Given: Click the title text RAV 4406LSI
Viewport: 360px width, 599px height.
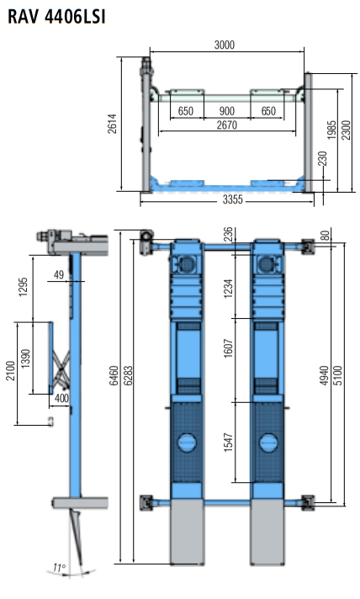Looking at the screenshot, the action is (56, 17).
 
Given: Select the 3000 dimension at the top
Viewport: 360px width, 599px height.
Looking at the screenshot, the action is (224, 45).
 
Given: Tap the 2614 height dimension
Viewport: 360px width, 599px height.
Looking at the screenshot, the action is (112, 124).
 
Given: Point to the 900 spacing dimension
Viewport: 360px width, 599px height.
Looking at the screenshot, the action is (227, 111).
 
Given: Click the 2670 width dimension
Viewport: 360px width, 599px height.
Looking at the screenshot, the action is (227, 125).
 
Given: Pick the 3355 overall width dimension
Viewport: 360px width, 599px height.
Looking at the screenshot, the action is (232, 199).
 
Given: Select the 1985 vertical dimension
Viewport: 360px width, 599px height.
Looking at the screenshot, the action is (331, 130).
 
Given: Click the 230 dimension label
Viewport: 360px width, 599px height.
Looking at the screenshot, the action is (323, 158).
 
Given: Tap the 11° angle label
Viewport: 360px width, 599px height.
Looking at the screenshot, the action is (59, 568).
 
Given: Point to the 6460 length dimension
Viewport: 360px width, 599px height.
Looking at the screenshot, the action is (114, 376).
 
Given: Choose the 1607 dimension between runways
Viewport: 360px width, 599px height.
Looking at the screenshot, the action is (228, 348).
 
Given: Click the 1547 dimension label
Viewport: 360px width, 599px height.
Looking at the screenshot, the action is (228, 443).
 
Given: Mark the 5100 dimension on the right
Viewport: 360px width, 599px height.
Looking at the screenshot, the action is (338, 375).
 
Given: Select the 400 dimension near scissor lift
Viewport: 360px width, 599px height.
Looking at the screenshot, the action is (61, 398).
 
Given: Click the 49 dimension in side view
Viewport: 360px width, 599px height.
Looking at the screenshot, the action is (58, 274).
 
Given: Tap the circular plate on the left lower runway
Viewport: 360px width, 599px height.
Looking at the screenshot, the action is (187, 443).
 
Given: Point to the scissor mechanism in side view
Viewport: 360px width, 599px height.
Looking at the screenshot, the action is (61, 368).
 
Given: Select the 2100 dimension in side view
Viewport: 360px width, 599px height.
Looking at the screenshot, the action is (11, 370).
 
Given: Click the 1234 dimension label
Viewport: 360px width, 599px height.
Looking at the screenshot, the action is (228, 289).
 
